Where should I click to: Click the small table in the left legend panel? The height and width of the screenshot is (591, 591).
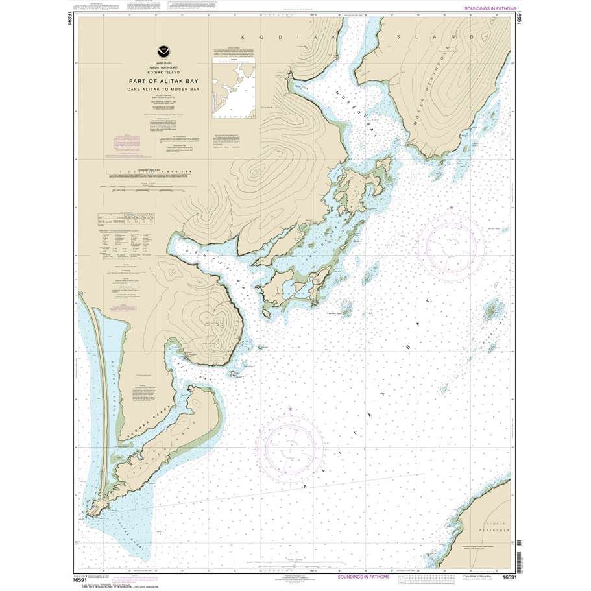tap(126, 219)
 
